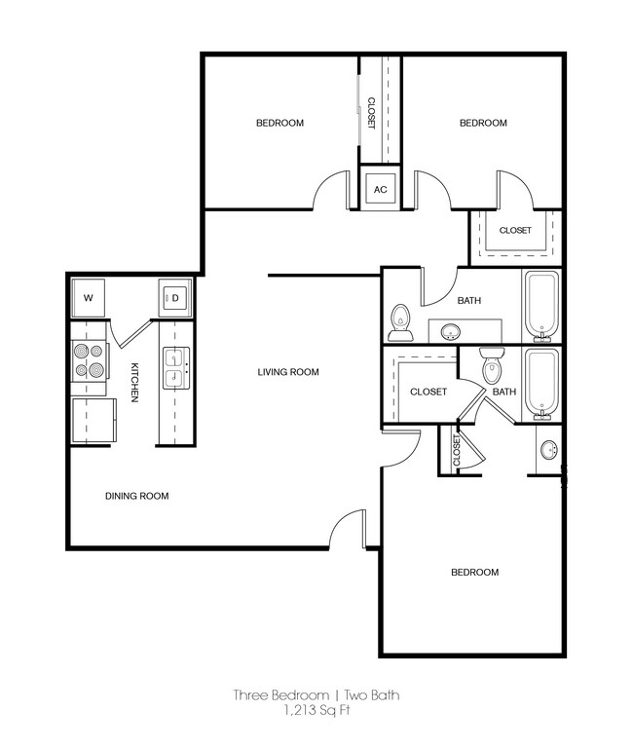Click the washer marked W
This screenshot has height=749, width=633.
[88, 297]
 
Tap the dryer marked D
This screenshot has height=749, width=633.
[177, 297]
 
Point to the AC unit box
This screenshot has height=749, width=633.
[381, 189]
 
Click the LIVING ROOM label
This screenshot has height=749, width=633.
[288, 372]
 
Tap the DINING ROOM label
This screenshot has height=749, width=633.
[136, 496]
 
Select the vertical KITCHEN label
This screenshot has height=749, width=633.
[134, 381]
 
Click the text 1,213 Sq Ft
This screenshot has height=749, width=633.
[316, 711]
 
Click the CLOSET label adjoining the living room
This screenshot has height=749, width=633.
[428, 392]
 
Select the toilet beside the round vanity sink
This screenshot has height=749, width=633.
[400, 320]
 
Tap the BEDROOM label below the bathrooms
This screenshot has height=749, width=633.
[474, 572]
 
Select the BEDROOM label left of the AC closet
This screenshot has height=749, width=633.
[279, 123]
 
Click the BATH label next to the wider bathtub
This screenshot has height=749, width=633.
[469, 301]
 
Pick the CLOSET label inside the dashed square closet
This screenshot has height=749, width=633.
[515, 231]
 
